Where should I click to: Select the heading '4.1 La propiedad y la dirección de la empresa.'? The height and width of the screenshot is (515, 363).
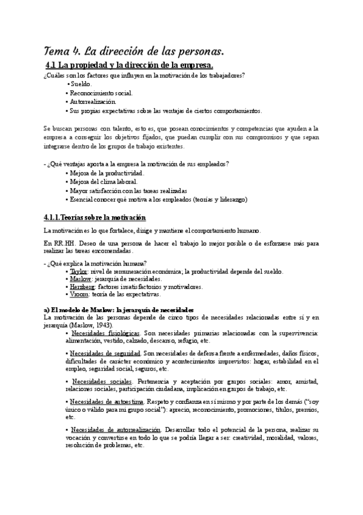pyautogui.click(x=129, y=66)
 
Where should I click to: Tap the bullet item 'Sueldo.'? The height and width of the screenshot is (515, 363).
pyautogui.click(x=80, y=84)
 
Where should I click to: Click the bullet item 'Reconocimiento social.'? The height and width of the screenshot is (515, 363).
pyautogui.click(x=100, y=94)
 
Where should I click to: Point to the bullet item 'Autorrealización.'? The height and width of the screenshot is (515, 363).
pyautogui.click(x=93, y=102)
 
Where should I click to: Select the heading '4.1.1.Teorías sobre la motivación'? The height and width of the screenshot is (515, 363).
pyautogui.click(x=95, y=217)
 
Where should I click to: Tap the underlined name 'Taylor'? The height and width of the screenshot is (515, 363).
pyautogui.click(x=79, y=271)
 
